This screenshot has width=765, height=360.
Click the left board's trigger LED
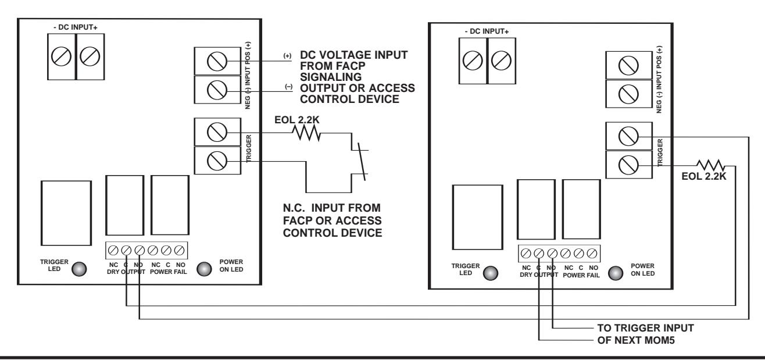pyautogui.click(x=79, y=269)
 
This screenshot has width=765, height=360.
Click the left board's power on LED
pyautogui.click(x=204, y=269)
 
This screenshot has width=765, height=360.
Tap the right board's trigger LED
pyautogui.click(x=491, y=273)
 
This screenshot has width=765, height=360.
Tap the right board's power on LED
pyautogui.click(x=616, y=273)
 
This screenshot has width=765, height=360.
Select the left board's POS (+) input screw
pyautogui.click(x=217, y=62)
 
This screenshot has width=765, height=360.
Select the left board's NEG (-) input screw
pyautogui.click(x=217, y=90)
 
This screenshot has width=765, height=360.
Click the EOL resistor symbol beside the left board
pyautogui.click(x=306, y=133)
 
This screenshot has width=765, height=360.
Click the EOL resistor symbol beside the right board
pyautogui.click(x=711, y=165)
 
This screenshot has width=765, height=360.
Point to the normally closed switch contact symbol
pyautogui.click(x=360, y=162)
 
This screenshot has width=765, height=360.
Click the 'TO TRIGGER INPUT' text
pyautogui.click(x=645, y=328)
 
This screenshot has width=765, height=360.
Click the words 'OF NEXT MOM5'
pyautogui.click(x=636, y=340)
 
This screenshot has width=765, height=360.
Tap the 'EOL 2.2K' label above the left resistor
pyautogui.click(x=297, y=120)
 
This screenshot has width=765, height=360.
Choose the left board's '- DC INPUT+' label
pyautogui.click(x=76, y=27)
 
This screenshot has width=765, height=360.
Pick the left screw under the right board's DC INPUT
pyautogui.click(x=473, y=60)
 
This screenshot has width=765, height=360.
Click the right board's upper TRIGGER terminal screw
pyautogui.click(x=628, y=136)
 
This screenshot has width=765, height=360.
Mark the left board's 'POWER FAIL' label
pyautogui.click(x=169, y=272)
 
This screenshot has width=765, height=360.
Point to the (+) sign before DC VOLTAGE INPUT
pyautogui.click(x=288, y=56)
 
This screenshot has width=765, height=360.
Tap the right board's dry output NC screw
pyautogui.click(x=526, y=254)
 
